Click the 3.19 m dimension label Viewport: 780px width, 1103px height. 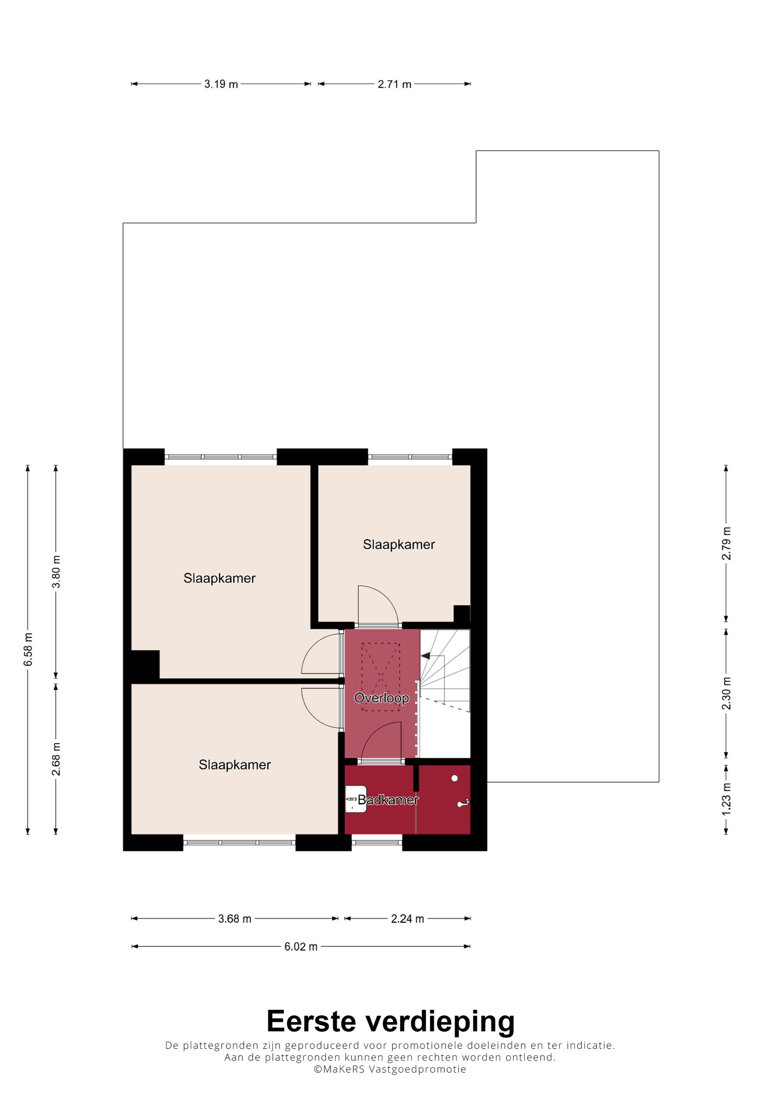[x=221, y=84]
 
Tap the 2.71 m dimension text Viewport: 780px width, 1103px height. [x=395, y=84]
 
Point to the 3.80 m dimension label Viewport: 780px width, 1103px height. [x=56, y=571]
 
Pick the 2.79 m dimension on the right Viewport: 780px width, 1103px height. [x=726, y=543]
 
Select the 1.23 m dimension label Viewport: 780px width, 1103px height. [x=726, y=799]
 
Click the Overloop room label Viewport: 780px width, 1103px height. [x=381, y=698]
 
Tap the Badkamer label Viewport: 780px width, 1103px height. [x=388, y=799]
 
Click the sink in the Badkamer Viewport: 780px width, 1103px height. [x=356, y=799]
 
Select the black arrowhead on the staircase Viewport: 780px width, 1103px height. [x=425, y=655]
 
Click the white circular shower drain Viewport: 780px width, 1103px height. [x=454, y=778]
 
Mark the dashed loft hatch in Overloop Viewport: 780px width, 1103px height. [x=381, y=677]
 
